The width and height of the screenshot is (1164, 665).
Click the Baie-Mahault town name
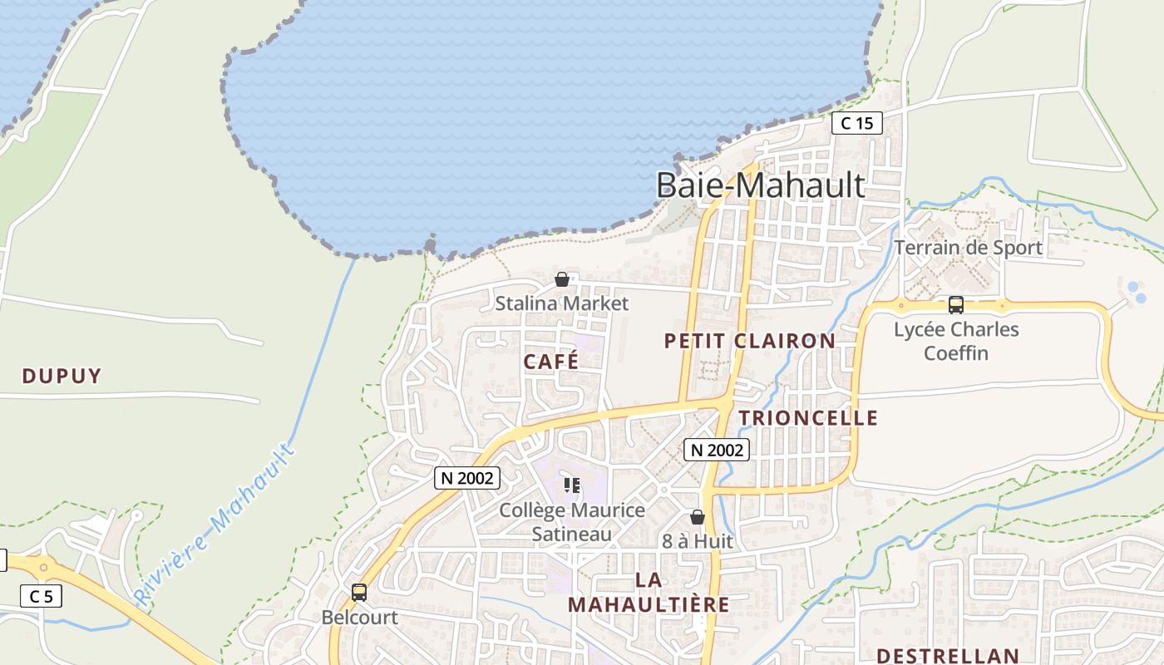(760, 185)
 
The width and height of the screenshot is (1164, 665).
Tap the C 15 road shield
(856, 124)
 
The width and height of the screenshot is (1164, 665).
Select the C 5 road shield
(41, 596)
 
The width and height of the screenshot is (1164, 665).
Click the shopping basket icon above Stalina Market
(562, 279)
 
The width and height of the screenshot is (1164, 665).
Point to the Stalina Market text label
(562, 303)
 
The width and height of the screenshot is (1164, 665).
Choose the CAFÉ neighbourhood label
(550, 362)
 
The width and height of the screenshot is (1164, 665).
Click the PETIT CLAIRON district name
(749, 341)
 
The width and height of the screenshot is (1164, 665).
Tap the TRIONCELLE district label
(808, 417)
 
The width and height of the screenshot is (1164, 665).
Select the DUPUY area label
(62, 376)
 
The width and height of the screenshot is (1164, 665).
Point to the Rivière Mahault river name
(215, 525)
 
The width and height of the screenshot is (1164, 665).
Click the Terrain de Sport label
(968, 248)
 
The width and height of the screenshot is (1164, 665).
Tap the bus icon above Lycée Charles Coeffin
(956, 305)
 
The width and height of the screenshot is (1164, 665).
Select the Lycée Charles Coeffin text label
(956, 341)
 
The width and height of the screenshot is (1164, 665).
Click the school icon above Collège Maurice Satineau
(571, 485)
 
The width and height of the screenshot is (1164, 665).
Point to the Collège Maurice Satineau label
(571, 522)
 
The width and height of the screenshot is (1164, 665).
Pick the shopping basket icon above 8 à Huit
(698, 517)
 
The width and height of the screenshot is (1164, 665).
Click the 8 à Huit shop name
(698, 541)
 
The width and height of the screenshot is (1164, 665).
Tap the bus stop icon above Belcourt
(359, 593)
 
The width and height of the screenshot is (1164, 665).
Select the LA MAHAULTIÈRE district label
(649, 592)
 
